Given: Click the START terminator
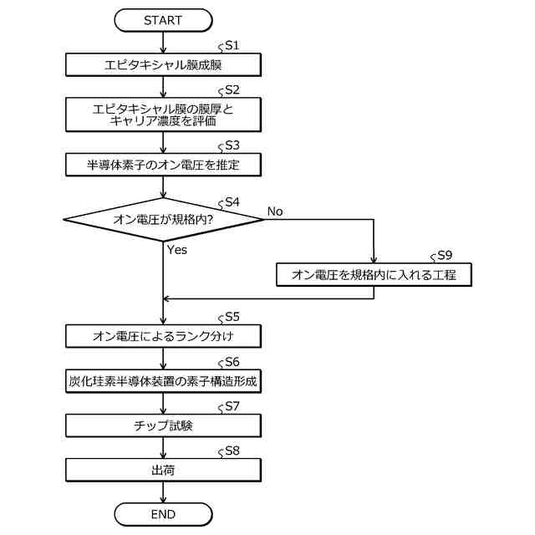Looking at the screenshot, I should click(x=163, y=18).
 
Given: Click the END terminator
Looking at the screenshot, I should click(x=163, y=512).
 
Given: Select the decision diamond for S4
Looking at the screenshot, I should click(x=163, y=220).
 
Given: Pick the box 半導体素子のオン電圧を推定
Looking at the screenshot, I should click(x=163, y=164).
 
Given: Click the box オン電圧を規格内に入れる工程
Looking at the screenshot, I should click(x=374, y=273).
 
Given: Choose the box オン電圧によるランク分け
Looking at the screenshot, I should click(x=163, y=336).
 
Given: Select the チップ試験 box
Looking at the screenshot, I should click(x=163, y=425).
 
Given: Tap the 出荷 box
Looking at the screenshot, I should click(x=163, y=470).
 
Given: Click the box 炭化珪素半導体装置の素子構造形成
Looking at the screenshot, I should click(x=163, y=381).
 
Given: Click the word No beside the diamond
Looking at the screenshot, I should click(x=275, y=211).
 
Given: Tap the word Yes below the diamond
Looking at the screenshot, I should click(x=176, y=249).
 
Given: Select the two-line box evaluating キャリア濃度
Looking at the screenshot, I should click(x=163, y=114).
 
